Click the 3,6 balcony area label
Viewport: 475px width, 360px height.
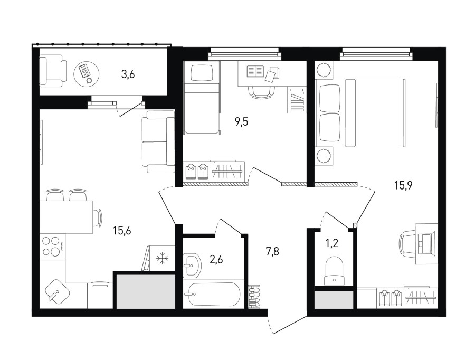tap(128, 74)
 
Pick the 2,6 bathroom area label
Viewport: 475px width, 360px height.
tap(216, 260)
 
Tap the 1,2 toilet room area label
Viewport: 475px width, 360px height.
tap(332, 243)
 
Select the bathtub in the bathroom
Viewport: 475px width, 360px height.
tap(213, 294)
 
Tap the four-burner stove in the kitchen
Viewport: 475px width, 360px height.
tap(52, 246)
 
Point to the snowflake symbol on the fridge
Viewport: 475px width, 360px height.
tap(163, 259)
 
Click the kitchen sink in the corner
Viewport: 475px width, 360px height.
tap(57, 291)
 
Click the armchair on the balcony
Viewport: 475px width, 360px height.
tap(53, 71)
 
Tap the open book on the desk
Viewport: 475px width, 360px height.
tap(255, 71)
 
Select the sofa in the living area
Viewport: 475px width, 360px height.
tap(158, 142)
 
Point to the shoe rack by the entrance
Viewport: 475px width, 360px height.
tap(254, 296)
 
